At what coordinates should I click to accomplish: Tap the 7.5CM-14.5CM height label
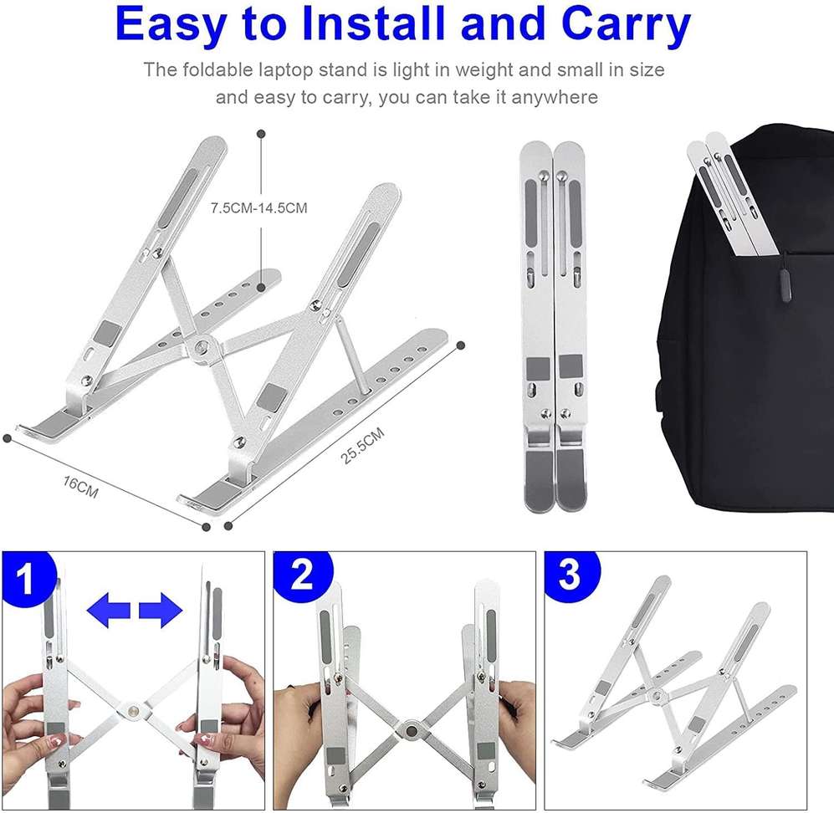click(258, 207)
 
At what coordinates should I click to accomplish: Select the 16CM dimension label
click(80, 488)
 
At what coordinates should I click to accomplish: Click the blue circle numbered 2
click(302, 576)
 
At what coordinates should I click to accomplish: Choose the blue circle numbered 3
click(570, 575)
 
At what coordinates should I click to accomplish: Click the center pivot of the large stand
click(201, 346)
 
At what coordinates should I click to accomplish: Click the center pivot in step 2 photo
click(411, 729)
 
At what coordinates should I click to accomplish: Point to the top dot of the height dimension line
click(262, 133)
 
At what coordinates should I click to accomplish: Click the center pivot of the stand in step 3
click(657, 695)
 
